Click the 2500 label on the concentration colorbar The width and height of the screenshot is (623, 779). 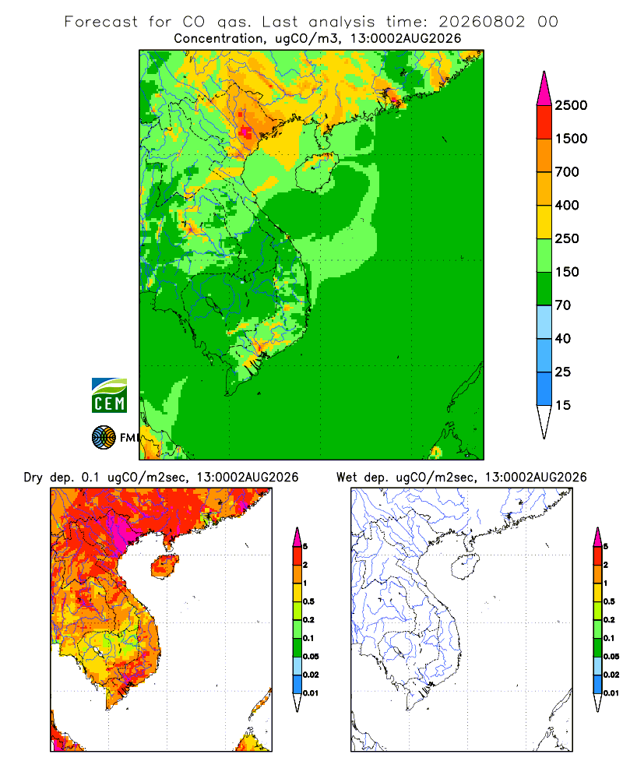[x=571, y=105]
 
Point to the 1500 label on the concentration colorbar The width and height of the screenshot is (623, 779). [x=571, y=139]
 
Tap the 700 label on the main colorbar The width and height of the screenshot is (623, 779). [x=567, y=172]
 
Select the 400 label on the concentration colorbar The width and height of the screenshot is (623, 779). [x=567, y=205]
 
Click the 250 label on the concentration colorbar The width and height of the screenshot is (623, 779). [x=567, y=238]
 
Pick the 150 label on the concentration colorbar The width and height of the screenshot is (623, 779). [x=567, y=272]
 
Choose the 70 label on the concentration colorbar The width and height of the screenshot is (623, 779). [x=563, y=305]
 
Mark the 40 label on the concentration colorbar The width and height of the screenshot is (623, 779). [x=563, y=338]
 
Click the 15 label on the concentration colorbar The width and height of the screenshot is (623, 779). [x=563, y=405]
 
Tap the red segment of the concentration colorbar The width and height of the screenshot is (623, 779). [x=544, y=122]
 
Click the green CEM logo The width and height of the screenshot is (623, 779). [x=109, y=396]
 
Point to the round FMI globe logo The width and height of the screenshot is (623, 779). [x=104, y=438]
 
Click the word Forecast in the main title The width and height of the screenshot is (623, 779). [x=101, y=22]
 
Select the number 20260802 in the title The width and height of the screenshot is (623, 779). [x=481, y=22]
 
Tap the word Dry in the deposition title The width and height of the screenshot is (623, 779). [x=33, y=478]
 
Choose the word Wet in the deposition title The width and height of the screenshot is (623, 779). [x=347, y=478]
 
